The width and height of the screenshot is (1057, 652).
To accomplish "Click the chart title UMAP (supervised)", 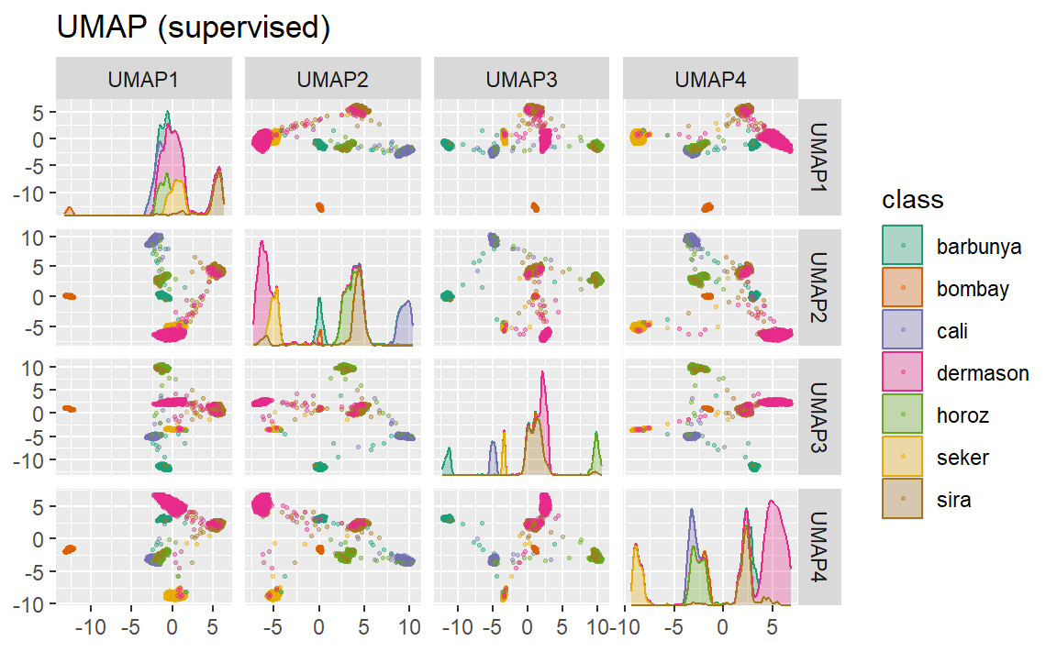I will [193, 28].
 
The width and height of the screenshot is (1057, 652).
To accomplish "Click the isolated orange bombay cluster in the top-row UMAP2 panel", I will [320, 207].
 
